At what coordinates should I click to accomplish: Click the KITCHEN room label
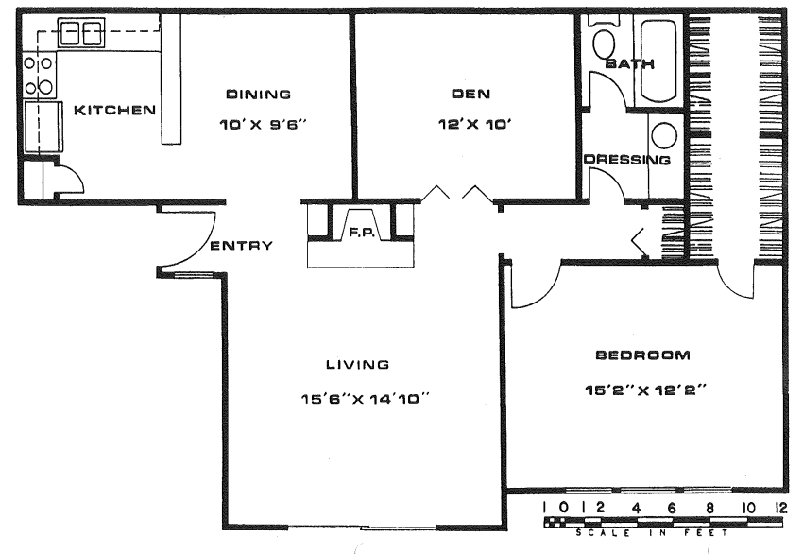point(114,111)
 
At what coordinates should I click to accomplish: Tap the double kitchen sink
point(81,33)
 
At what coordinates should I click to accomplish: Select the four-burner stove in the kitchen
point(40,76)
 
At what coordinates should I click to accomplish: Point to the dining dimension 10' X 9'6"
point(263,125)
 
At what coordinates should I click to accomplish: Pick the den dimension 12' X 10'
point(475,124)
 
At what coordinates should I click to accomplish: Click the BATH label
point(629,64)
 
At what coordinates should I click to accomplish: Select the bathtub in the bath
point(658,61)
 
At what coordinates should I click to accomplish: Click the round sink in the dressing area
point(664,136)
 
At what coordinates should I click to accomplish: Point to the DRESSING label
point(627,160)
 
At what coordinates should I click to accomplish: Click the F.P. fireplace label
point(362,234)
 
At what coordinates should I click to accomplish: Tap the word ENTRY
point(242,246)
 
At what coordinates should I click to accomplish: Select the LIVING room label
point(358,365)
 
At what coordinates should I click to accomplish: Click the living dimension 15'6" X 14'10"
point(366,398)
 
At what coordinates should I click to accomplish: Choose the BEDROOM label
point(642,355)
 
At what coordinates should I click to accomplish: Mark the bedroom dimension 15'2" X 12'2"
point(645,390)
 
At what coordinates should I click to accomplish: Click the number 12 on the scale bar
point(781,508)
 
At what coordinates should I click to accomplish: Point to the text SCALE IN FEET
point(652,533)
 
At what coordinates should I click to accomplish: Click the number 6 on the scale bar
point(672,508)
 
